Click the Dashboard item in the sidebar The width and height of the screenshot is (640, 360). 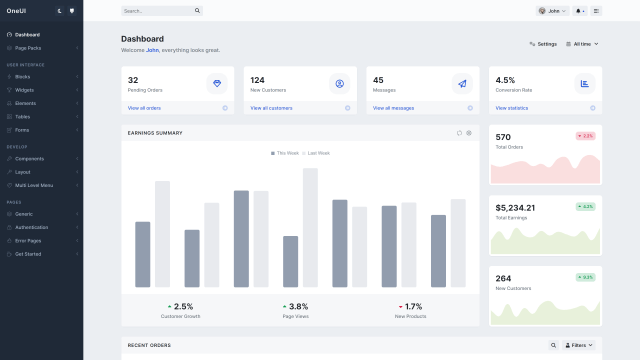click(x=27, y=34)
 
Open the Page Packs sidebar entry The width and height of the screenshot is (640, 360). click(x=28, y=48)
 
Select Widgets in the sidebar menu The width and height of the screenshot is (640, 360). click(x=24, y=89)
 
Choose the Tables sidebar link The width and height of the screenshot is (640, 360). click(x=22, y=116)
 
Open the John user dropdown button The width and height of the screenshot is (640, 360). click(x=552, y=11)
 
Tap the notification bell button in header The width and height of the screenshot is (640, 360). click(x=580, y=11)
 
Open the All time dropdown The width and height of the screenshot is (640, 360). click(x=583, y=44)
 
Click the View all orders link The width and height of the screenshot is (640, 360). click(x=144, y=108)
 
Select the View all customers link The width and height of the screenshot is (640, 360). click(x=271, y=108)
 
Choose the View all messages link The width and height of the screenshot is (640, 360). click(x=393, y=108)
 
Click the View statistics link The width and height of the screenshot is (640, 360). click(x=511, y=108)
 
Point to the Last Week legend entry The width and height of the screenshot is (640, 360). click(x=318, y=153)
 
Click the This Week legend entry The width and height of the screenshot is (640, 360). click(x=284, y=153)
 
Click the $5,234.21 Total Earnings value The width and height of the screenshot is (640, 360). click(x=515, y=208)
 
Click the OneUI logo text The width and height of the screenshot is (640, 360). click(x=17, y=10)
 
